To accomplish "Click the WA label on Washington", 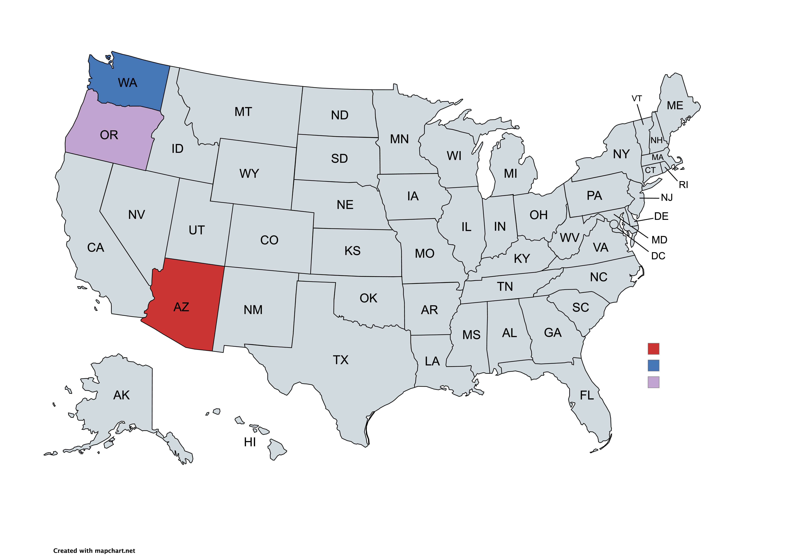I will (x=128, y=83).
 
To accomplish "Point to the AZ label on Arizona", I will (x=181, y=307).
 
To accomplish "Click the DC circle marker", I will (x=614, y=224).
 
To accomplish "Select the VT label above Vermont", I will (x=637, y=99).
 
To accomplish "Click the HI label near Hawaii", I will (x=250, y=442).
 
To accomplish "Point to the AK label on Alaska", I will (x=121, y=395).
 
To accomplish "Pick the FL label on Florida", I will (x=587, y=396).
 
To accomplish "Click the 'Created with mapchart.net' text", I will (x=94, y=551).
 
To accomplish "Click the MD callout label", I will (x=659, y=240).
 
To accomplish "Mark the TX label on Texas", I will (x=340, y=360).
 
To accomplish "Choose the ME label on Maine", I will (x=675, y=106).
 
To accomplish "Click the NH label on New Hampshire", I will (x=656, y=140).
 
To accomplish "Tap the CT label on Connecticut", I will (x=650, y=170).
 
